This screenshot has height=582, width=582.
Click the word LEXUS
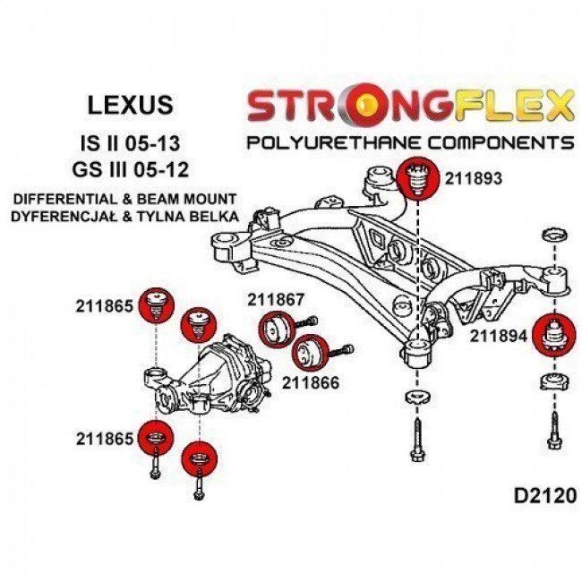pos(133,106)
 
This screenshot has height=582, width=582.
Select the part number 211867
pos(276,301)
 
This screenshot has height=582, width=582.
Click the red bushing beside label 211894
pos(552,336)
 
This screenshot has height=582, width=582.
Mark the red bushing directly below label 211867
pos(274,329)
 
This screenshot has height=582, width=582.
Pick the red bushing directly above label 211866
pos(311,351)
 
